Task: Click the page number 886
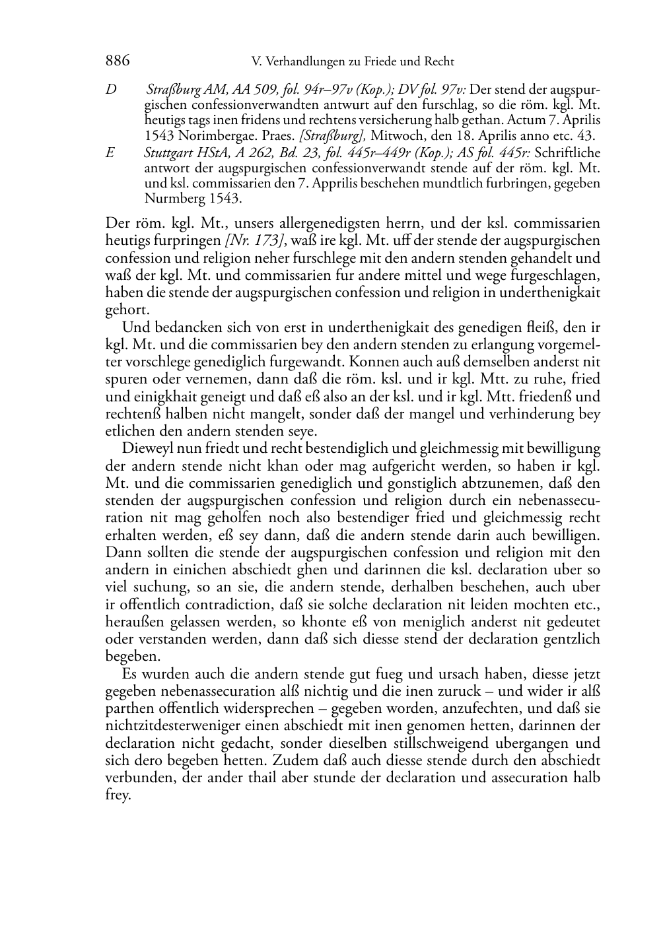118,61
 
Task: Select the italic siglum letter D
110,89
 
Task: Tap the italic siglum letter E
110,153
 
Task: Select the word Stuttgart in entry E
169,153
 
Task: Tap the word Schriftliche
567,153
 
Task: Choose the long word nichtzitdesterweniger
169,726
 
